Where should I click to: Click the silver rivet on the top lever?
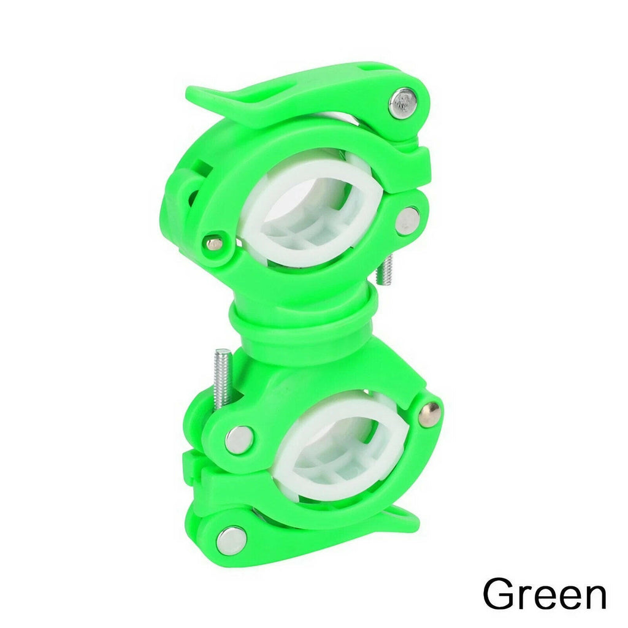[402, 103]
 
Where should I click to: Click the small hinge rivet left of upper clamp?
[215, 243]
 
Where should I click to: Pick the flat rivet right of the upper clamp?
[407, 221]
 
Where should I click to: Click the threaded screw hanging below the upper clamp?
[385, 270]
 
